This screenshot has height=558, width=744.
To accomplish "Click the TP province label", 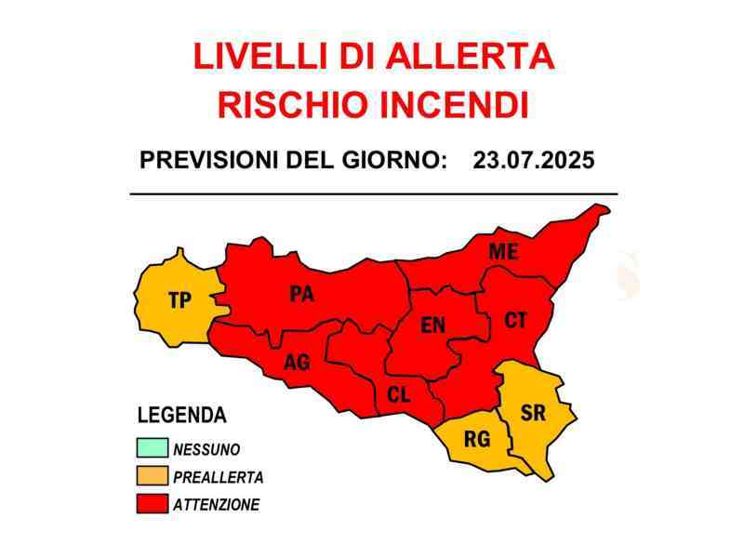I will [179, 300].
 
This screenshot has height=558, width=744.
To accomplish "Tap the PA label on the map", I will [301, 295].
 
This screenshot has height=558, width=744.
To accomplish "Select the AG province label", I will [297, 363].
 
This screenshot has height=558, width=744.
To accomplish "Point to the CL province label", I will [398, 395].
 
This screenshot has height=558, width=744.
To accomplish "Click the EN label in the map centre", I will [433, 325].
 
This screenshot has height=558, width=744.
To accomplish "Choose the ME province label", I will [504, 251].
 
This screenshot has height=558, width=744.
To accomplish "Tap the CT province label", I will [515, 321].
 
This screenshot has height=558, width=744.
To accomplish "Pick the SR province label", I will [533, 413].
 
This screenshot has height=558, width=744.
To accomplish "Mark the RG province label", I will [477, 440].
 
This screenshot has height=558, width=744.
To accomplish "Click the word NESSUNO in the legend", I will [206, 449].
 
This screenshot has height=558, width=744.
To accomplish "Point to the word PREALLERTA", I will [219, 477].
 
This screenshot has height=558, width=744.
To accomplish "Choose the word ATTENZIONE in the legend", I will [217, 505].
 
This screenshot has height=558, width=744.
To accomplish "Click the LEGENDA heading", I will [181, 416].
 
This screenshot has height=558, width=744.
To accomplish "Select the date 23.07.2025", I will [533, 159].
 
